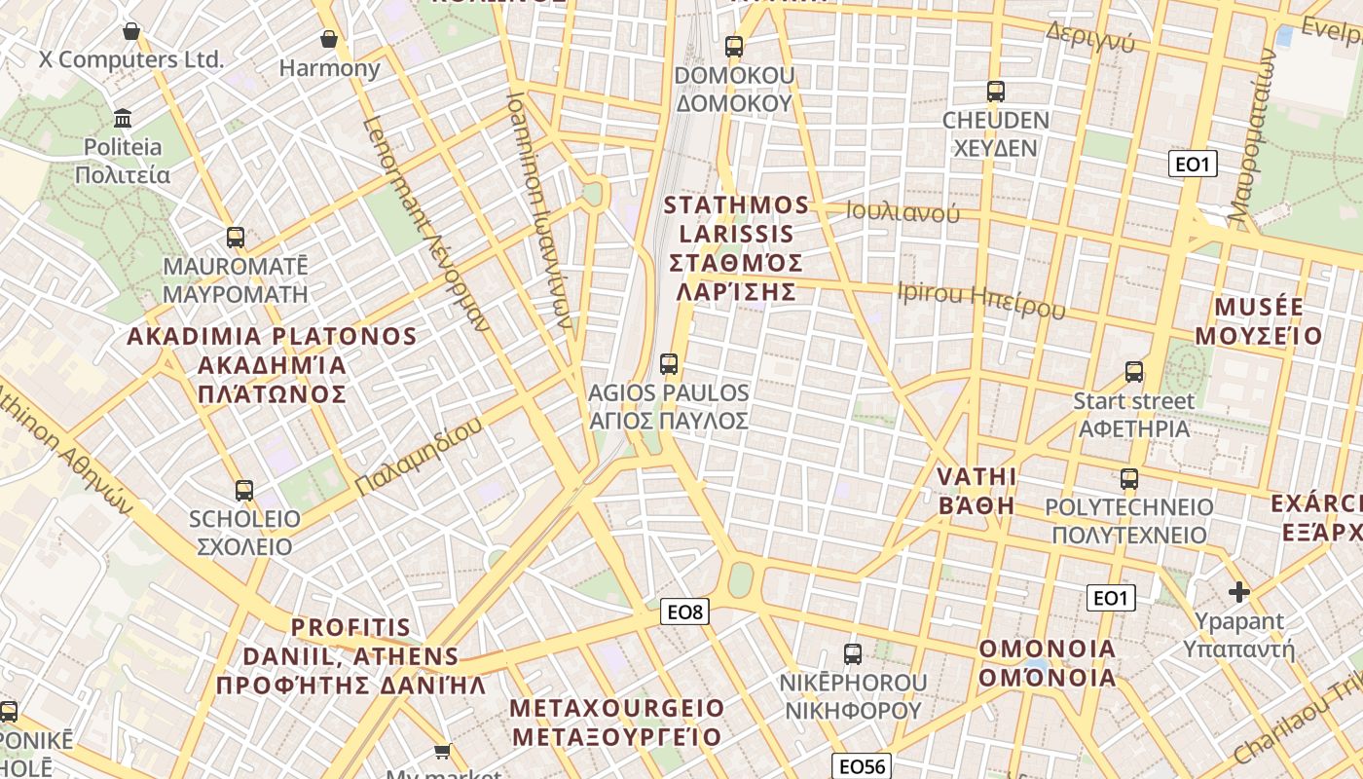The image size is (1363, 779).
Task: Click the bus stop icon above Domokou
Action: click(734, 47)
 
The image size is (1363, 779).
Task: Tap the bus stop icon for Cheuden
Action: click(995, 92)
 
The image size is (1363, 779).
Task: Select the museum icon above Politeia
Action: click(124, 119)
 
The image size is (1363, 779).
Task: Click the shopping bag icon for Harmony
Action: click(329, 40)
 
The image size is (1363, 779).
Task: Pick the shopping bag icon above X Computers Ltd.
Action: click(131, 31)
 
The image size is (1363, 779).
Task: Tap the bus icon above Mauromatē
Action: click(235, 237)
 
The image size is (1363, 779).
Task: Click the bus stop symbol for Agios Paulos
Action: click(669, 364)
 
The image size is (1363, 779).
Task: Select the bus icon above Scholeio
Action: click(244, 491)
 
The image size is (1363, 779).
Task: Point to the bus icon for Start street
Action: click(1134, 372)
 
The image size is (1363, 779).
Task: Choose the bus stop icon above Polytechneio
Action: click(1129, 479)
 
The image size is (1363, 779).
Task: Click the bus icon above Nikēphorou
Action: click(853, 654)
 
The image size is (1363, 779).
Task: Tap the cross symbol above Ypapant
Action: click(1238, 591)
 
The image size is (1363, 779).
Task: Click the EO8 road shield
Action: click(685, 612)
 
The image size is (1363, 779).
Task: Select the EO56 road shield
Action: click(862, 766)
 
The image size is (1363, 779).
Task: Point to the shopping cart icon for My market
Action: click(443, 750)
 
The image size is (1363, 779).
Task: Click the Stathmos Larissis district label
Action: click(737, 248)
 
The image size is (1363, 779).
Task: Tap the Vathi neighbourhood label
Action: click(976, 491)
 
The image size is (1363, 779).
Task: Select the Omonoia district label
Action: click(1048, 663)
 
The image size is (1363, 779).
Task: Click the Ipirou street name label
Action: click(981, 299)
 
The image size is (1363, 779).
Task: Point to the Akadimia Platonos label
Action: click(273, 365)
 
